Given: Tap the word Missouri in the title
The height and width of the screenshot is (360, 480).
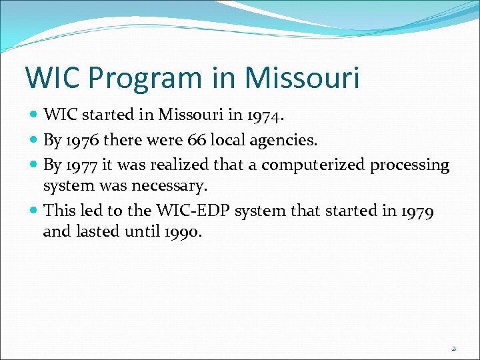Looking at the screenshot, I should (x=302, y=77).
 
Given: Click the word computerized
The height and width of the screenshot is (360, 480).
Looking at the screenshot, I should (x=303, y=165).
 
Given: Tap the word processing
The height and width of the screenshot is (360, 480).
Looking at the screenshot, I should (x=409, y=165).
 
